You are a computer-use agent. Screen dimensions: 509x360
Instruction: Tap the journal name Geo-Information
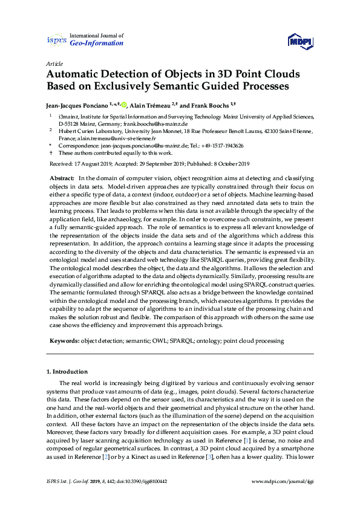click(97, 44)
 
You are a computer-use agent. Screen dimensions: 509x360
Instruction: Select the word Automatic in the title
click(79, 74)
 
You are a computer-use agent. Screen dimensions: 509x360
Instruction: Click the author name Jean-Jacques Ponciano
click(79, 104)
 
